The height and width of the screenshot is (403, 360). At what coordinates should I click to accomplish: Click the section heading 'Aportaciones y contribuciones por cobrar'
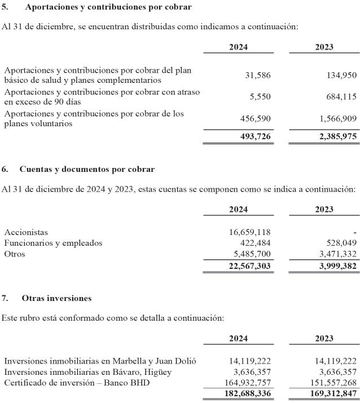[x=105, y=7]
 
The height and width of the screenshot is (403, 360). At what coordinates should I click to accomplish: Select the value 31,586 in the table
[x=258, y=76]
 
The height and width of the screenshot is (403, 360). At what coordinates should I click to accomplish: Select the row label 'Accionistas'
[x=26, y=232]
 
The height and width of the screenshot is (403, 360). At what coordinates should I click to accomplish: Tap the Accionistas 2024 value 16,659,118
[x=247, y=232]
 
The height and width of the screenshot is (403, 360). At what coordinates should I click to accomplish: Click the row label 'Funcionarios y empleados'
[x=53, y=243]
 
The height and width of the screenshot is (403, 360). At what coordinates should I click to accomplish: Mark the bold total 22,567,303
[x=247, y=266]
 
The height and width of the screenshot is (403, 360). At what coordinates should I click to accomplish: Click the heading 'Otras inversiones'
[x=56, y=298]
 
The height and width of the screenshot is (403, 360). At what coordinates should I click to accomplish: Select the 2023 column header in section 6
[x=324, y=210]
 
